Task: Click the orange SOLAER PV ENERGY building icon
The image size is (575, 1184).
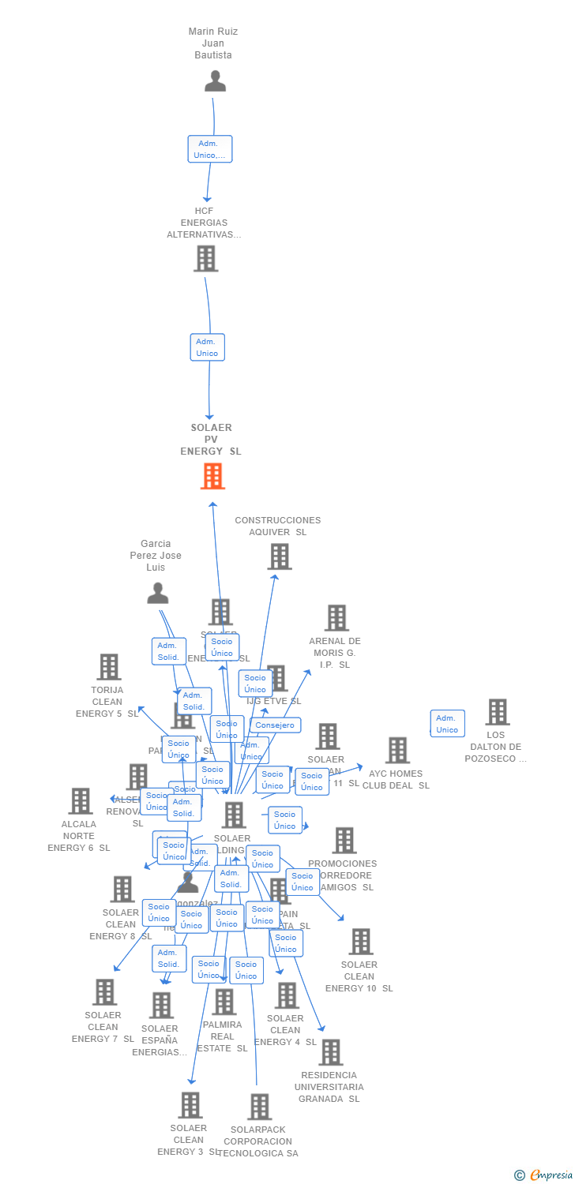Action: click(212, 476)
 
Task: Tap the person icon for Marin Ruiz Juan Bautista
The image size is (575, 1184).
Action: click(215, 81)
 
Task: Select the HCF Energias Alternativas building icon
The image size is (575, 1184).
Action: click(205, 258)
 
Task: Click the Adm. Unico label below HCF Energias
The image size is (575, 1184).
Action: click(207, 347)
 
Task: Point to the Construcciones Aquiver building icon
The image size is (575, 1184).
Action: click(279, 556)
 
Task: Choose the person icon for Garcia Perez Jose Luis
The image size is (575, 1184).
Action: click(158, 593)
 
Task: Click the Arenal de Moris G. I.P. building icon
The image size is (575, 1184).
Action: click(336, 618)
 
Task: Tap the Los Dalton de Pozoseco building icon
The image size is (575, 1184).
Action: click(497, 712)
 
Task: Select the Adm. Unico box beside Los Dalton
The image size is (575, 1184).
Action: click(447, 724)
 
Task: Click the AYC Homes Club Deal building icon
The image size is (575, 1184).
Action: click(397, 751)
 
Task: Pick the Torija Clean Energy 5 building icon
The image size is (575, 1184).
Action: click(108, 667)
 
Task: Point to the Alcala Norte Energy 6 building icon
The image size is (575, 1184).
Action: click(81, 801)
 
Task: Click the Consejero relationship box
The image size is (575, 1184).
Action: click(275, 725)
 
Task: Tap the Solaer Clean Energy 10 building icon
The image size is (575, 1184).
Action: click(361, 942)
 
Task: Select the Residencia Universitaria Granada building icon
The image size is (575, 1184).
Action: click(330, 1052)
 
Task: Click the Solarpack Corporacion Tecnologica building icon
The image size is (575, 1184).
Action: click(259, 1107)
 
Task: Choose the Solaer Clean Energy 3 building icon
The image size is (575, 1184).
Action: click(190, 1105)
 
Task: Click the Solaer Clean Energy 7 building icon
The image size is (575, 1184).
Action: click(104, 992)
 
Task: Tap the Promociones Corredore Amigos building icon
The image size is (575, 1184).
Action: click(344, 841)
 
